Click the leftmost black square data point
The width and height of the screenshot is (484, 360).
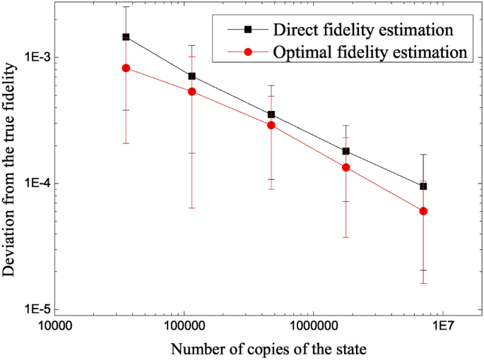[x=126, y=37]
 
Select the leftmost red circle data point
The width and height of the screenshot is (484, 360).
[x=126, y=68]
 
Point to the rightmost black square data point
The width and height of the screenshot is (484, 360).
[x=423, y=186]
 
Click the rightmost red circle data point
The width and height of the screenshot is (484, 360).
[x=423, y=211]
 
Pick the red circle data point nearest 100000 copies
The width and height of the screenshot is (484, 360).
[x=191, y=92]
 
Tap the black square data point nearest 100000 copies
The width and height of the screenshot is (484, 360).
[x=191, y=76]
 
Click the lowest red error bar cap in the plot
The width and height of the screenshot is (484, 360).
[x=423, y=283]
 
